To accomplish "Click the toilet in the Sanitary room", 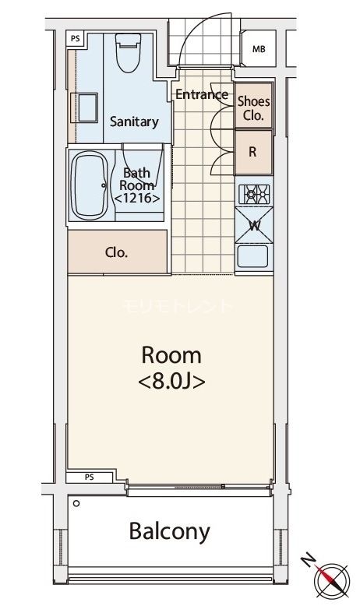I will coord(125,53).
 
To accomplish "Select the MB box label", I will coord(258,51).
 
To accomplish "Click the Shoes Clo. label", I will coord(253,108).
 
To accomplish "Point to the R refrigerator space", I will coord(253,153).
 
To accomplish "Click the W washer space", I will coord(254,227).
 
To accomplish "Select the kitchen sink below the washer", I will coord(254,257).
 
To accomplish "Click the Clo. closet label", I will coord(116,252).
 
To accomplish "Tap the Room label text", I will coord(171,356).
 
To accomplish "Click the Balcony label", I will coord(169,531).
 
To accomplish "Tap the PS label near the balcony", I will coord(88,477).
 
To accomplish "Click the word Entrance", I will coord(201,95).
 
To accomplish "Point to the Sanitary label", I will coord(133,122).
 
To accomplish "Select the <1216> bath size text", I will coord(137,199).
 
